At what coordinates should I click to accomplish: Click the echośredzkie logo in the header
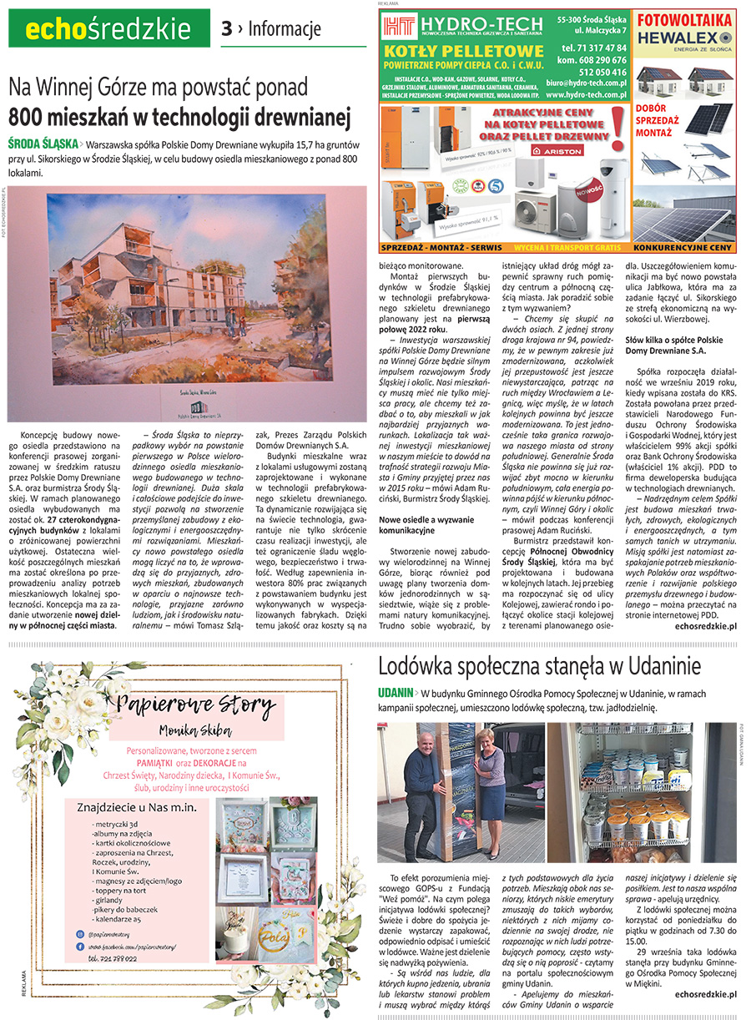pyautogui.click(x=108, y=29)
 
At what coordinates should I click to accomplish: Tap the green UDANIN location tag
pyautogui.click(x=395, y=693)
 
